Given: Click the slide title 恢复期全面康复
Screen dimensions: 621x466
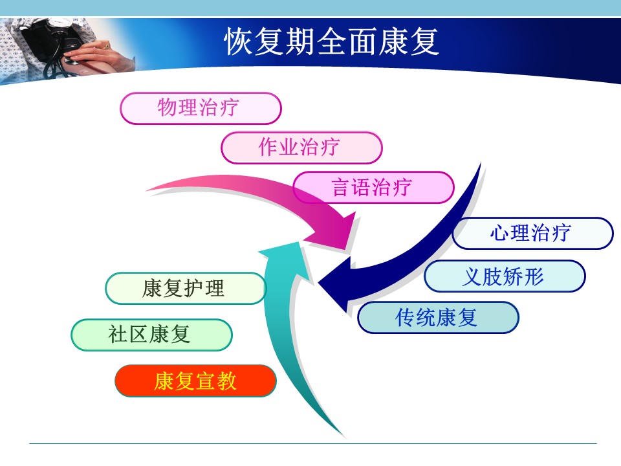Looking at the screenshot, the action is tap(331, 41).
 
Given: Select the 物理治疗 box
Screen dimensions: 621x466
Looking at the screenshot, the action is tap(201, 108).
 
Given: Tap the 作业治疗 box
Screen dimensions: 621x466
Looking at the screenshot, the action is tap(301, 148).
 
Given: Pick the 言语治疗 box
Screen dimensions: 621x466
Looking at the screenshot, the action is tap(373, 188).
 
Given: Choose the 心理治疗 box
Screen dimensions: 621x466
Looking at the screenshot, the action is tap(532, 234).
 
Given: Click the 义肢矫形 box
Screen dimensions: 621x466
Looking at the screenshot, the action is tap(505, 276).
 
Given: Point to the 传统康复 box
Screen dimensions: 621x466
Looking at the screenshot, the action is tap(438, 317).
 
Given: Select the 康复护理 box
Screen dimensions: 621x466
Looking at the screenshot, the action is tap(186, 289).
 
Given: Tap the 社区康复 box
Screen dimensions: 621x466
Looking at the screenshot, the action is tap(151, 335).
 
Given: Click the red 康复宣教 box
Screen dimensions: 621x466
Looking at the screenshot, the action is tap(195, 381).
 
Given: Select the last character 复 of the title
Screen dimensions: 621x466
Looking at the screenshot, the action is tap(425, 41).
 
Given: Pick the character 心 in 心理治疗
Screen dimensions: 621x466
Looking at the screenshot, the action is tap(500, 233).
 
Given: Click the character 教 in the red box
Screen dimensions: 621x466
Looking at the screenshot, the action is tap(227, 381).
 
